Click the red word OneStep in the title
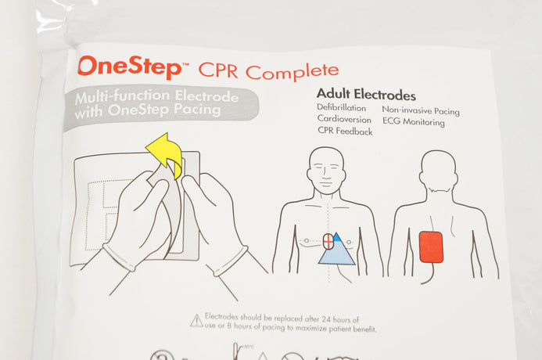tap(130, 67)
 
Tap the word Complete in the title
tap(292, 72)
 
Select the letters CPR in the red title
tap(218, 70)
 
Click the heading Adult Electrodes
tap(366, 94)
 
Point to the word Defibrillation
tap(341, 108)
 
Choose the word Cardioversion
tap(344, 119)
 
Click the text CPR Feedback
tap(345, 131)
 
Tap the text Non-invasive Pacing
tap(421, 110)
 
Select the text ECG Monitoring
tap(414, 122)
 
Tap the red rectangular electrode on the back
tap(431, 247)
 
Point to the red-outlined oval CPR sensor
tap(328, 241)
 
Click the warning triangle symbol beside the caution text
tap(196, 321)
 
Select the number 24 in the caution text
tap(325, 319)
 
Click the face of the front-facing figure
tap(326, 172)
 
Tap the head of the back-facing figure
tap(438, 171)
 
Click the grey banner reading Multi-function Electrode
tap(161, 105)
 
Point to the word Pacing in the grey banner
tap(197, 110)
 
